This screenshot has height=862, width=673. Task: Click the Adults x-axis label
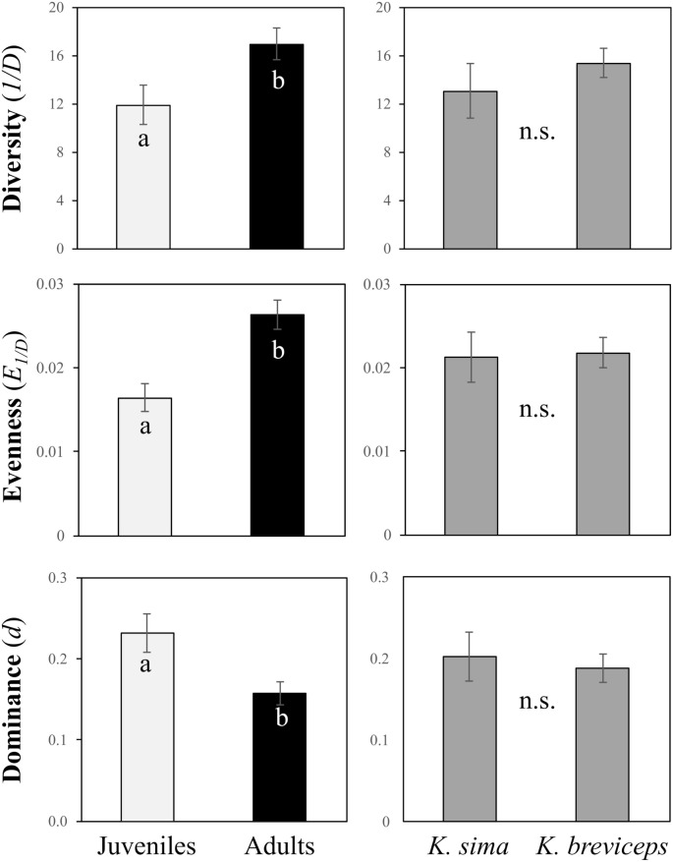(x=278, y=845)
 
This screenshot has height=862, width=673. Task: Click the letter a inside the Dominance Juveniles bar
(x=144, y=666)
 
